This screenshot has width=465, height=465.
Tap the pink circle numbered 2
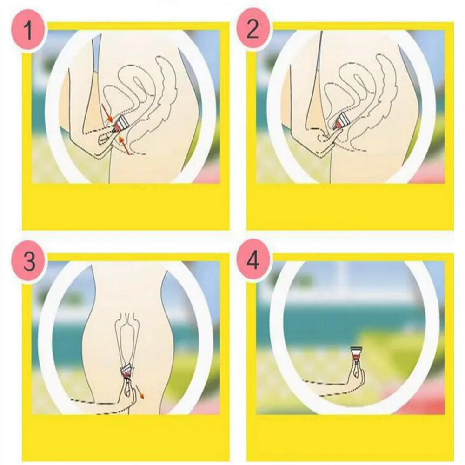tap(252, 30)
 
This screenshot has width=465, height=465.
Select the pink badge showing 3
tap(29, 261)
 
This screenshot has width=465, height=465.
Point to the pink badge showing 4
tap(253, 261)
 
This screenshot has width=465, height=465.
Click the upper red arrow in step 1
tap(106, 113)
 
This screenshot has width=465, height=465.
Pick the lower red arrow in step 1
tap(124, 145)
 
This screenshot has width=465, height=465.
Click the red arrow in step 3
tap(139, 392)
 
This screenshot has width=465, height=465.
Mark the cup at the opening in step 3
tap(127, 371)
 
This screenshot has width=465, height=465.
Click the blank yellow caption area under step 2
tap(350, 207)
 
